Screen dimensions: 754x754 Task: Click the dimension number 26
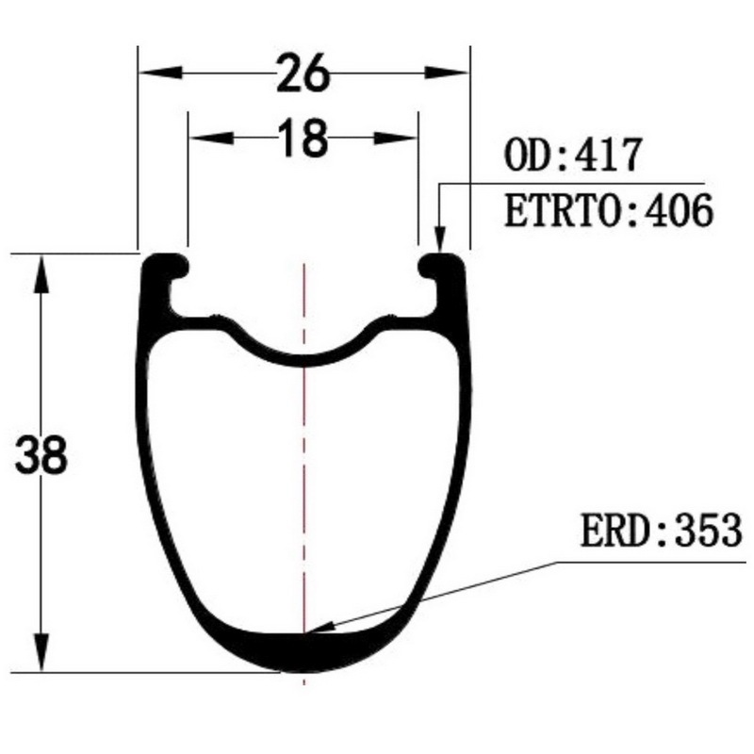[303, 74]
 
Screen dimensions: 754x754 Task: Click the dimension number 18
[303, 138]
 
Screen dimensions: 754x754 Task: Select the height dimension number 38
[41, 455]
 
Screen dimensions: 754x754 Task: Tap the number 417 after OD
[608, 155]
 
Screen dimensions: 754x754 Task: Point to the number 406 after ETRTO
[679, 210]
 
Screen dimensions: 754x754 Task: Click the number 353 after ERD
[709, 530]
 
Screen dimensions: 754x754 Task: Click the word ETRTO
[562, 210]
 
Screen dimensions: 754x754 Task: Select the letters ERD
[614, 530]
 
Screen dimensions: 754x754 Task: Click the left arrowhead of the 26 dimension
[160, 74]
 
